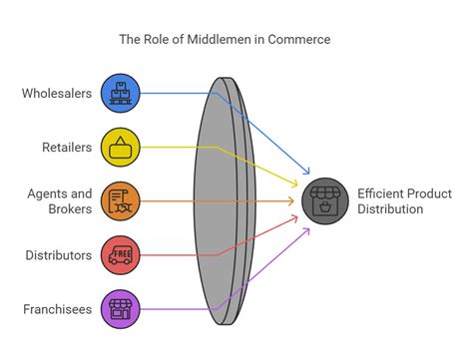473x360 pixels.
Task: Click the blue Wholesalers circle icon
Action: (x=121, y=93)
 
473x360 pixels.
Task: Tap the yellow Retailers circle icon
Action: (x=121, y=147)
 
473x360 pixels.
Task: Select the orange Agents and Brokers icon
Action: (x=121, y=200)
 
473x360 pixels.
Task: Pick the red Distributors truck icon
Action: (x=121, y=254)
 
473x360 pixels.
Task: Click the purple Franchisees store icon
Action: (x=121, y=308)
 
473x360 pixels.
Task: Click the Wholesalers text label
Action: (x=56, y=94)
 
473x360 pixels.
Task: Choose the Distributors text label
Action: (x=59, y=255)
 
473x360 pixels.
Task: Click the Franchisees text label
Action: (x=57, y=309)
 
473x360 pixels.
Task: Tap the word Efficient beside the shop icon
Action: (x=380, y=192)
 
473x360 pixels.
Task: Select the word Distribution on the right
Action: (x=390, y=209)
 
